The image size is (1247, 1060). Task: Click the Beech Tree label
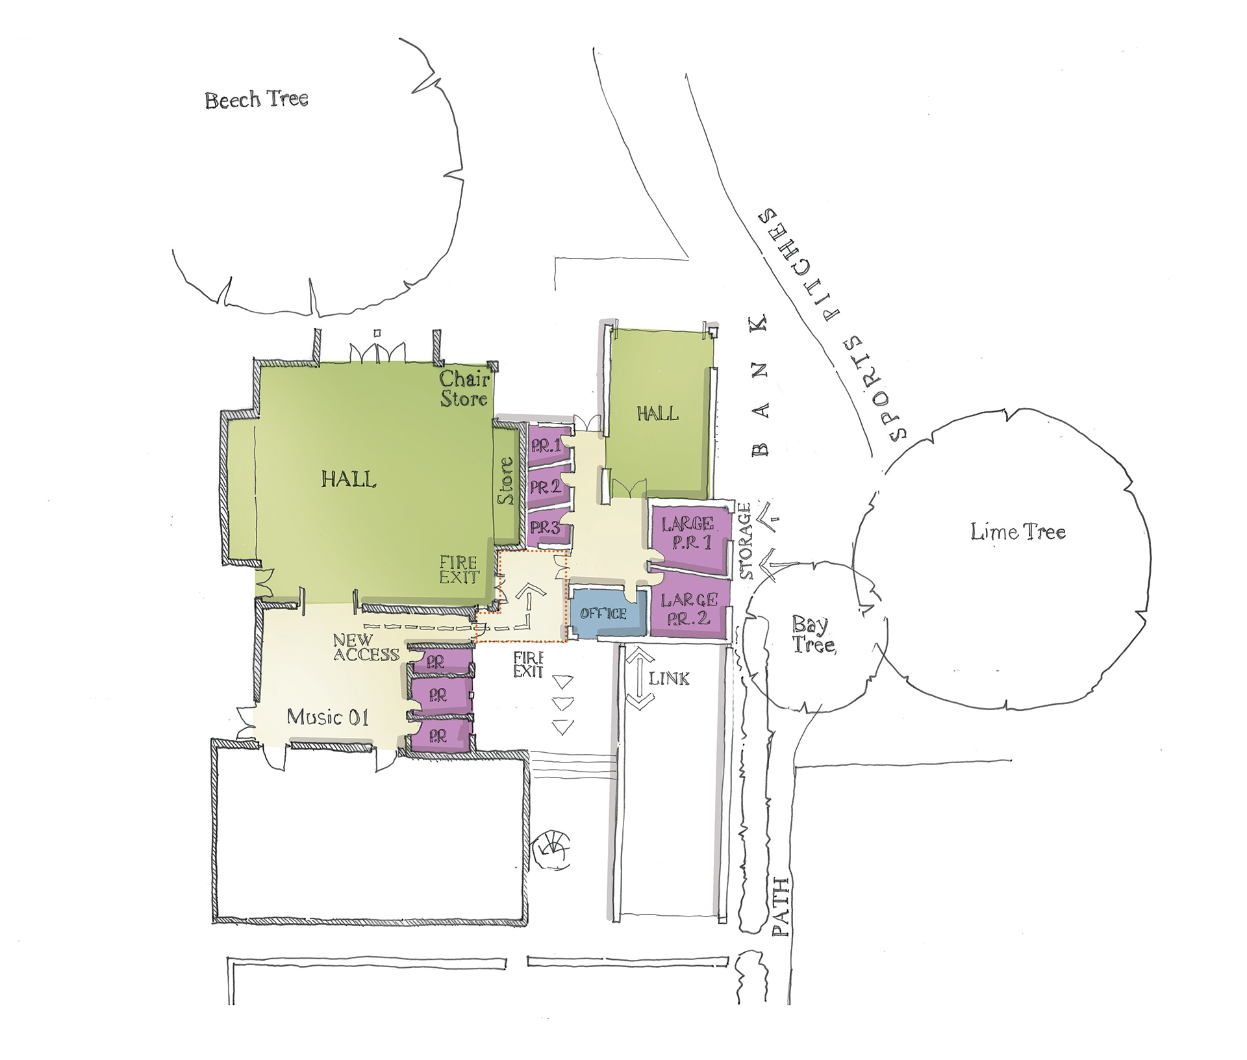point(257,99)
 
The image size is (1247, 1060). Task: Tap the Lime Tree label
point(1018,532)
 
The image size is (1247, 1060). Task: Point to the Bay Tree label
point(812,635)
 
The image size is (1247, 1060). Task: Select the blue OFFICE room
point(604,614)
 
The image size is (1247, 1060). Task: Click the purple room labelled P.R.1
point(547,446)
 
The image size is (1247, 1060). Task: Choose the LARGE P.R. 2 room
point(689,609)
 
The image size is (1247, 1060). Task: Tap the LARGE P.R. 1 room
point(688,533)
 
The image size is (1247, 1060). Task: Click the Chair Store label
point(464,389)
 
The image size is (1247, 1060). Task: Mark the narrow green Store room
point(505,481)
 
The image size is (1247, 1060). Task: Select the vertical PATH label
point(781,907)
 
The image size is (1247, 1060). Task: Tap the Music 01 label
point(328,717)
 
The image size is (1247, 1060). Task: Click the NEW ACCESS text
point(366,648)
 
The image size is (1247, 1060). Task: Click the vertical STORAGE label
point(746,541)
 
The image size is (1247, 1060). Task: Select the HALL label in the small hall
point(657,413)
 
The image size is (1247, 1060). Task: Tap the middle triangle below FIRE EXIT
point(562,704)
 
